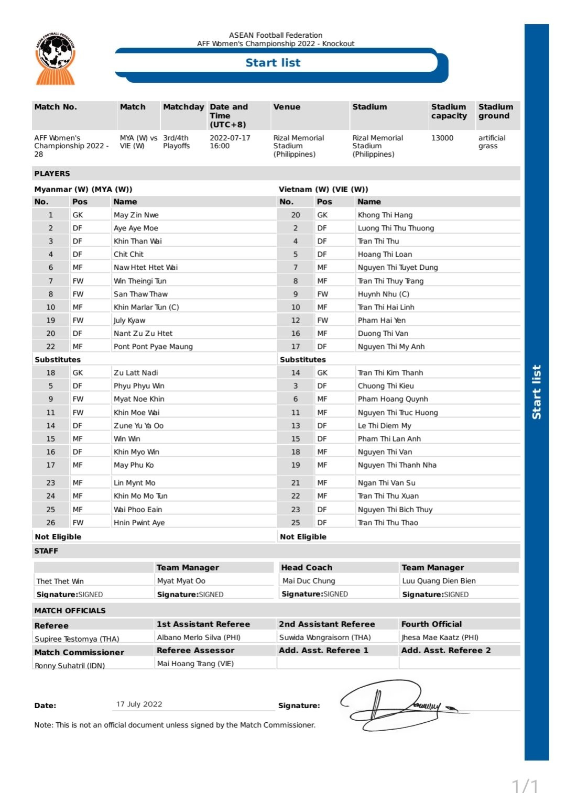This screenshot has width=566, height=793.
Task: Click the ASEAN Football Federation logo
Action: (x=55, y=58)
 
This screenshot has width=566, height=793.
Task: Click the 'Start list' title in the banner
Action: (x=273, y=63)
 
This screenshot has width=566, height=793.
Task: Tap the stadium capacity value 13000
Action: (x=442, y=138)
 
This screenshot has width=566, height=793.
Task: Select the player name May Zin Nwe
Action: (x=136, y=215)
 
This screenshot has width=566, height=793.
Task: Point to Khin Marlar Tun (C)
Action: (x=146, y=307)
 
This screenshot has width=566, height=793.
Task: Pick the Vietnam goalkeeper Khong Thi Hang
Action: (x=385, y=215)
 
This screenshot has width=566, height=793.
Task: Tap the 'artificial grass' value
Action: (x=491, y=142)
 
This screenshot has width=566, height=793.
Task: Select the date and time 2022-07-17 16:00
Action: (x=230, y=142)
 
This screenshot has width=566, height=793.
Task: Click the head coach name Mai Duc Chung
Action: (x=308, y=581)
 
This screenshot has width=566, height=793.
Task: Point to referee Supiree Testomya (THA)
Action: (x=77, y=639)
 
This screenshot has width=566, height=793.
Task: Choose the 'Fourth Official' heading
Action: (x=431, y=624)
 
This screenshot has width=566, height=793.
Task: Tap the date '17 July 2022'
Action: (x=139, y=704)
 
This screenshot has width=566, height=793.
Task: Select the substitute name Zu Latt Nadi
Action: (x=136, y=373)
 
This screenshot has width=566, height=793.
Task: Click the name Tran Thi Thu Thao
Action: (x=387, y=523)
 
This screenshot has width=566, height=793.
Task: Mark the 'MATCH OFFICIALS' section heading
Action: (x=70, y=611)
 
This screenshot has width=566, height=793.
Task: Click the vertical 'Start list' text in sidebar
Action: (x=536, y=392)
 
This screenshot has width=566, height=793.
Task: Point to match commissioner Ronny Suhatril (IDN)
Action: (x=69, y=666)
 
